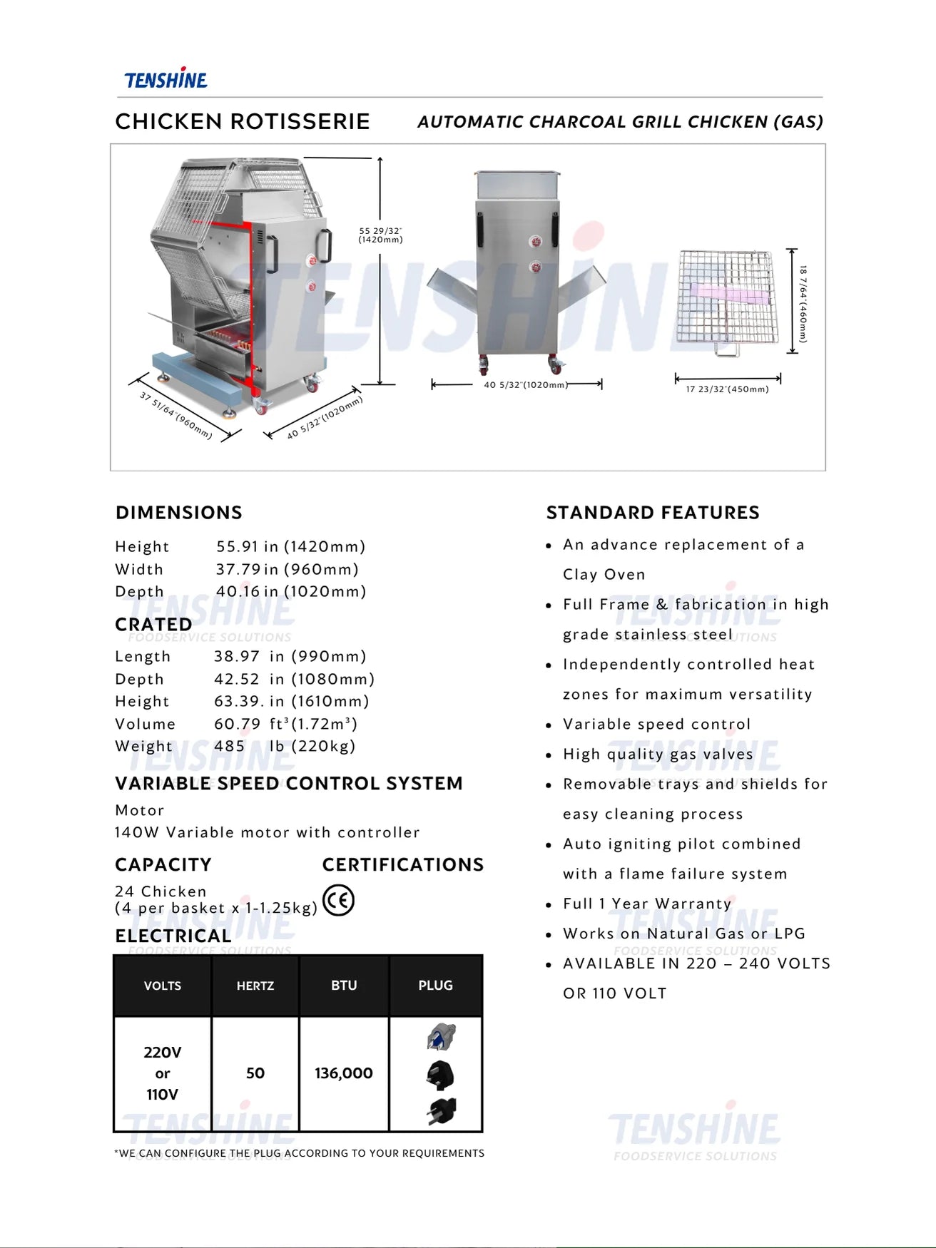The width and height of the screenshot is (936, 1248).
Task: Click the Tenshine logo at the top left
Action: pyautogui.click(x=166, y=79)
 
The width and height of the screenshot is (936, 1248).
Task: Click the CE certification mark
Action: pyautogui.click(x=338, y=900)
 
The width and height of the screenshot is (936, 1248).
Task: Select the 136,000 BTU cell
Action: pyautogui.click(x=344, y=1073)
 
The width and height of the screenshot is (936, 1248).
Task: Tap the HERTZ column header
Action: pyautogui.click(x=255, y=986)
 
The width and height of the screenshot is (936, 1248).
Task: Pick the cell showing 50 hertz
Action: pyautogui.click(x=255, y=1073)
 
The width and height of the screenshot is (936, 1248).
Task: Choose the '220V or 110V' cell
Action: pyautogui.click(x=163, y=1073)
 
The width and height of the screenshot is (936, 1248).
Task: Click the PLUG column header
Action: pyautogui.click(x=435, y=986)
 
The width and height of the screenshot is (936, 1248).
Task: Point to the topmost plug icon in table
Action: pyautogui.click(x=441, y=1036)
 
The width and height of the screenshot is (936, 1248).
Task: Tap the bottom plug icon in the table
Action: pyautogui.click(x=442, y=1111)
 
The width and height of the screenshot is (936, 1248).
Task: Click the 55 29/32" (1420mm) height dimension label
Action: pyautogui.click(x=380, y=235)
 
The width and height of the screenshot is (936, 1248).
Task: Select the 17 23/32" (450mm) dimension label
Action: pyautogui.click(x=727, y=389)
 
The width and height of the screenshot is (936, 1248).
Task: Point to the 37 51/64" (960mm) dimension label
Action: pyautogui.click(x=175, y=415)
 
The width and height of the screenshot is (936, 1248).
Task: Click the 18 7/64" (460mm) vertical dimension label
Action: pyautogui.click(x=803, y=304)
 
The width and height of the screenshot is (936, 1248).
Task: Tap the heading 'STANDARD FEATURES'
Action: pyautogui.click(x=653, y=513)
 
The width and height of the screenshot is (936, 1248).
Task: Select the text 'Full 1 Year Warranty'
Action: pyautogui.click(x=647, y=904)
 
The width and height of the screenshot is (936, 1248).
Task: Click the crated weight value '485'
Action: pyautogui.click(x=229, y=746)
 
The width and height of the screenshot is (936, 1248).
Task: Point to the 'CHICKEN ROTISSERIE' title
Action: pyautogui.click(x=243, y=122)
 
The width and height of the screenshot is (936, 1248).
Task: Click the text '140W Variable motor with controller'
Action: pyautogui.click(x=267, y=832)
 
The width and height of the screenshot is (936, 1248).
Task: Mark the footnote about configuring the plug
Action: pyautogui.click(x=300, y=1153)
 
